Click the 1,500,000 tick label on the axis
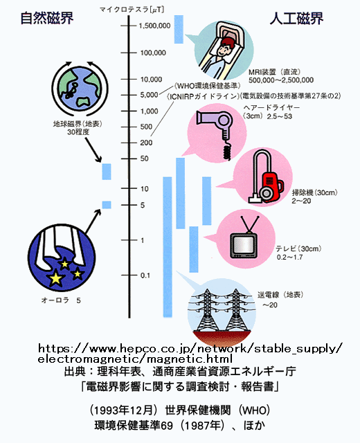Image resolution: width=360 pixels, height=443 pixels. (x=154, y=26)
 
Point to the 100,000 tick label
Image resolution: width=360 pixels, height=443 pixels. (x=153, y=53)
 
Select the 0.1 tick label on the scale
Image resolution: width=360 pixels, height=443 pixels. (x=145, y=275)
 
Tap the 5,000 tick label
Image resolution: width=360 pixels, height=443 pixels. (x=150, y=95)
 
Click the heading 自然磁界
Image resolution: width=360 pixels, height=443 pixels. (x=47, y=18)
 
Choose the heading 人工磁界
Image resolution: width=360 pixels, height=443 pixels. (x=296, y=19)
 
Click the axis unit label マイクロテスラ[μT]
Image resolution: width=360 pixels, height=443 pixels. (x=132, y=10)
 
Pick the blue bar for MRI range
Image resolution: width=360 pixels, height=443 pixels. (x=179, y=29)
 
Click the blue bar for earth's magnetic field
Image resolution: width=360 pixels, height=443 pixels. (x=107, y=172)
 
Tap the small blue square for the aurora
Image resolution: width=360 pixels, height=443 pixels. (x=107, y=205)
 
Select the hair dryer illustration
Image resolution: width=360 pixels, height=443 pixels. (x=216, y=132)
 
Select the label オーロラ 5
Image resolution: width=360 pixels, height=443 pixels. (x=61, y=300)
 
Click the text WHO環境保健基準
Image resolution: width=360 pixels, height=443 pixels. (x=208, y=86)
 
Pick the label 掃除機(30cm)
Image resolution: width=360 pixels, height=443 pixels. (x=314, y=192)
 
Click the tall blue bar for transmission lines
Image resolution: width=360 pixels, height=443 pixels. (x=168, y=247)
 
